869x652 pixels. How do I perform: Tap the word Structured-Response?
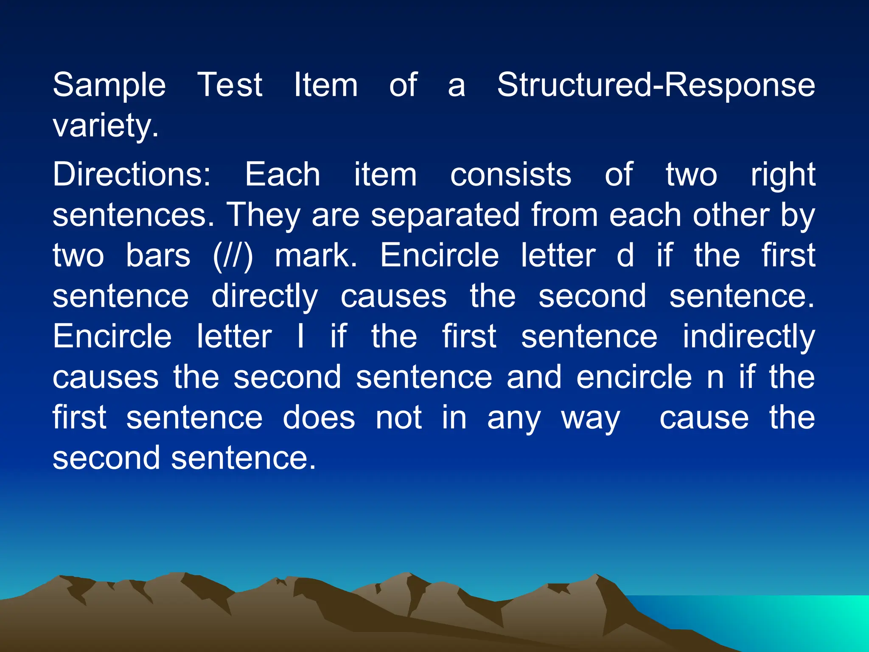click(x=656, y=85)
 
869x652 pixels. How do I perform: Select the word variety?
click(x=105, y=126)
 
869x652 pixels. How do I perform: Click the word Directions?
click(x=132, y=174)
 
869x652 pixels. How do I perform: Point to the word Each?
click(x=283, y=174)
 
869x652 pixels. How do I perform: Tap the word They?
click(x=263, y=215)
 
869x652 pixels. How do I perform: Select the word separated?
click(x=446, y=215)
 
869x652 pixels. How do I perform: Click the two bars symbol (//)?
click(x=233, y=256)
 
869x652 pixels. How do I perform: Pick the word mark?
click(x=316, y=256)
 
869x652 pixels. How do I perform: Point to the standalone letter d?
click(x=625, y=256)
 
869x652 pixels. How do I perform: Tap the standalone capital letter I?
click(x=300, y=337)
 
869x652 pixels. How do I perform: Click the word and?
click(x=534, y=377)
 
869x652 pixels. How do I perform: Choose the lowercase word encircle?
click(x=634, y=377)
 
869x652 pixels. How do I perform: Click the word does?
click(x=319, y=418)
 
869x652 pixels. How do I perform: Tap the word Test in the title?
click(x=230, y=85)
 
